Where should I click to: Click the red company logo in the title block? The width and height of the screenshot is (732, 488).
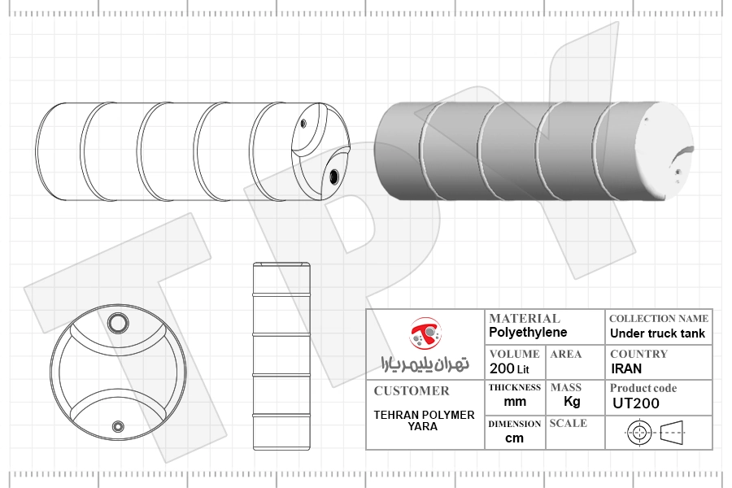pyautogui.click(x=425, y=333)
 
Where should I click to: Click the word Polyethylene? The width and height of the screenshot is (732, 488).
pyautogui.click(x=528, y=333)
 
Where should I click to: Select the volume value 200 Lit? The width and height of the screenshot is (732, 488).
pyautogui.click(x=509, y=369)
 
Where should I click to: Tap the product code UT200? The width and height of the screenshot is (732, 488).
pyautogui.click(x=636, y=403)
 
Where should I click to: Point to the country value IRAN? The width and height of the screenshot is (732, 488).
pyautogui.click(x=626, y=369)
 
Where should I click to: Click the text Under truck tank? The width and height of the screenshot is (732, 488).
pyautogui.click(x=657, y=333)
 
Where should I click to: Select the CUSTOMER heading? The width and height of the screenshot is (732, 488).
pyautogui.click(x=412, y=391)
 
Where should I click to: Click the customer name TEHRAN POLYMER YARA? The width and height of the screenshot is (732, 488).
pyautogui.click(x=424, y=420)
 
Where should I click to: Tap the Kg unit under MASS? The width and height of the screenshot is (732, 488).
pyautogui.click(x=572, y=402)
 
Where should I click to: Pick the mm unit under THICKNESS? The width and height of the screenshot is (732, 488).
pyautogui.click(x=515, y=402)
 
